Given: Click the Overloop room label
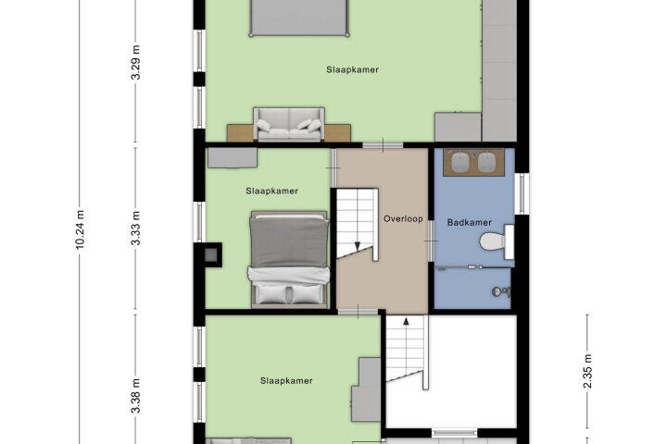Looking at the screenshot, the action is coord(403,219).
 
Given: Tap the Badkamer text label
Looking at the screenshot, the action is coord(469,222).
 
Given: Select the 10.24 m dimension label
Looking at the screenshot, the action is coord(80,228).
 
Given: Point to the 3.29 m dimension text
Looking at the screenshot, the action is coord(135,63).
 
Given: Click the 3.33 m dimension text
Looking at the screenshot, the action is coord(135,228).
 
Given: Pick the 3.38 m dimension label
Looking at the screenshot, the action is coord(135,396).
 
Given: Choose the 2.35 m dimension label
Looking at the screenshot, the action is coord(587,372).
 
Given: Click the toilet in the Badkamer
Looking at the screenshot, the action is coord(497,241).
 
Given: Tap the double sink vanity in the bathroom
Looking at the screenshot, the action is coord(473,162).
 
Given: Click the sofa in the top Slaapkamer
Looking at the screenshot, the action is coord(289,124).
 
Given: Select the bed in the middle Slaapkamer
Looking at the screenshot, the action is coord(289,259).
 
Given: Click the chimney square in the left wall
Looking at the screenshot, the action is coord(211,255).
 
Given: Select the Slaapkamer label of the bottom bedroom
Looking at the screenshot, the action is coord(286,381).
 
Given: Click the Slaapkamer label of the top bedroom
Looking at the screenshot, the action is coord(352,69).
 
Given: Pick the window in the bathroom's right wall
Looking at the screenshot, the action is coord(522,193).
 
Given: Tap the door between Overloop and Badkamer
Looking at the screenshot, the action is coord(431,240).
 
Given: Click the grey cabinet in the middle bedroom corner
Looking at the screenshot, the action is coord(233,158).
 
